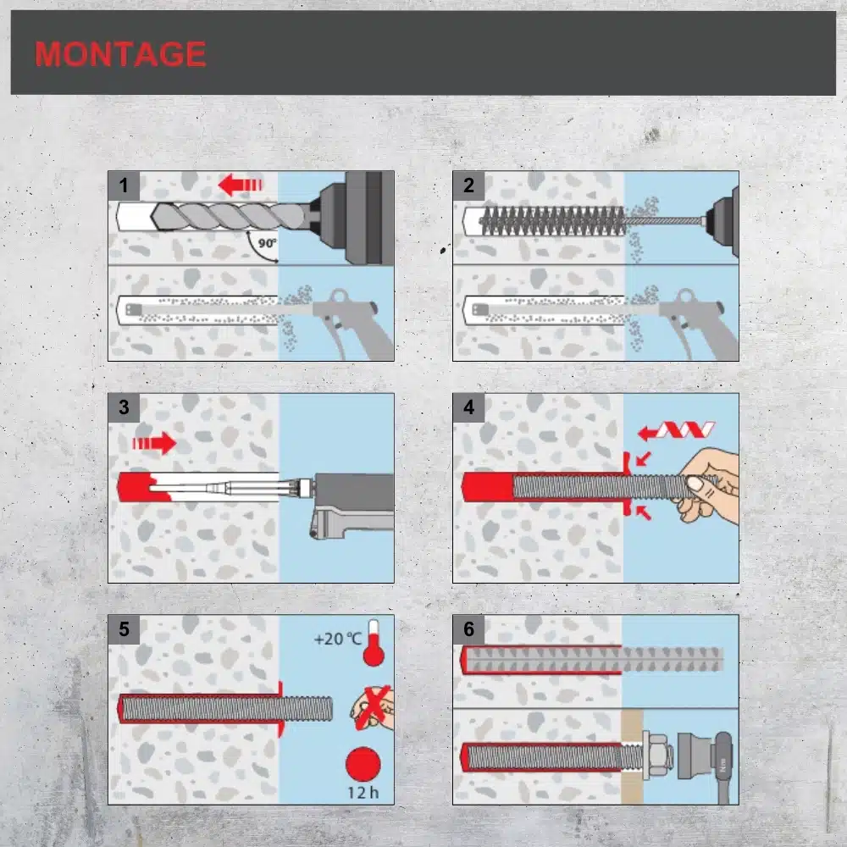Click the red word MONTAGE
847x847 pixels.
120,54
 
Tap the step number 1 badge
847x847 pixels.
124,185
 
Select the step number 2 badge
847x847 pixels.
468,185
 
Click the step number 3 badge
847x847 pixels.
124,407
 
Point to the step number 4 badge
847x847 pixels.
468,407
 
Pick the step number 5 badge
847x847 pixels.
124,628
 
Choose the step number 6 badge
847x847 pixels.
468,628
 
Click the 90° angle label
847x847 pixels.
267,243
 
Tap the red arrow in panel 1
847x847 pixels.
240,185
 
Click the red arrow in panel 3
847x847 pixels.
154,443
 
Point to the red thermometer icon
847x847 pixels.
374,644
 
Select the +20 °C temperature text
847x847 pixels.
338,639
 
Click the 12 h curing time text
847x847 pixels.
363,793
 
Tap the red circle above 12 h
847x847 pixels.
363,764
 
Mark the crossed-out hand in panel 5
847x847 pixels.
373,708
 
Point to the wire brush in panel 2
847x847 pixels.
552,221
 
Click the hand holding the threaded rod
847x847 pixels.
708,484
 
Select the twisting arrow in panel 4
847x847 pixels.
676,430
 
